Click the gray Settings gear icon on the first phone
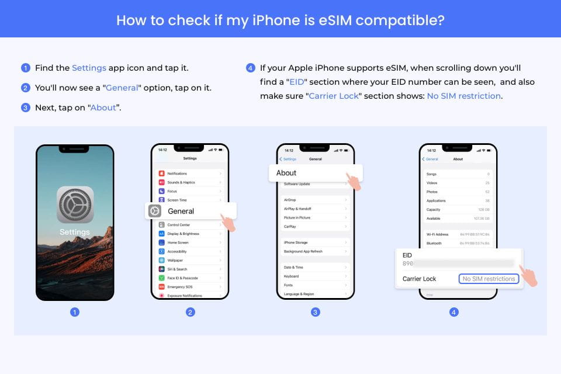point(75,205)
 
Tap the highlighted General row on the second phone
point(191,211)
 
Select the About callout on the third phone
point(316,173)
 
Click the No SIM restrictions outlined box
point(489,279)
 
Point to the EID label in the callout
point(408,255)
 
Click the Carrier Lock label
point(419,279)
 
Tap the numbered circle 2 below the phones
point(191,312)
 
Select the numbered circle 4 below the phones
point(454,312)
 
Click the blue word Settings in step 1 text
point(89,68)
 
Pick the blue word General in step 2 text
point(122,88)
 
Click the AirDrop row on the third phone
point(315,200)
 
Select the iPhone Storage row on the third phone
point(315,243)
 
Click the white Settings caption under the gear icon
point(75,232)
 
